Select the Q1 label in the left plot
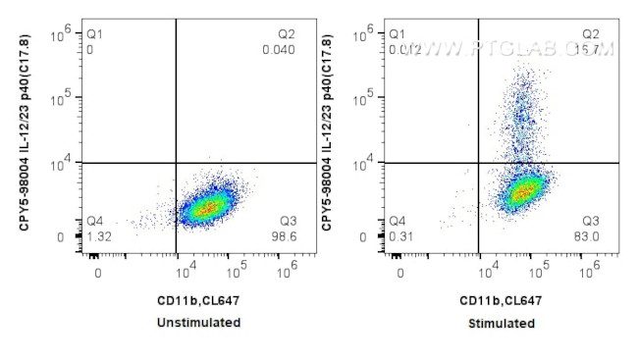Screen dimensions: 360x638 pos(94,34)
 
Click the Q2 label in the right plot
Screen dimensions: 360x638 pos(591,34)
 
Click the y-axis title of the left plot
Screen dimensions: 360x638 pos(24,133)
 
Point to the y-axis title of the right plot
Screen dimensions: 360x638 pos(327,133)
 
